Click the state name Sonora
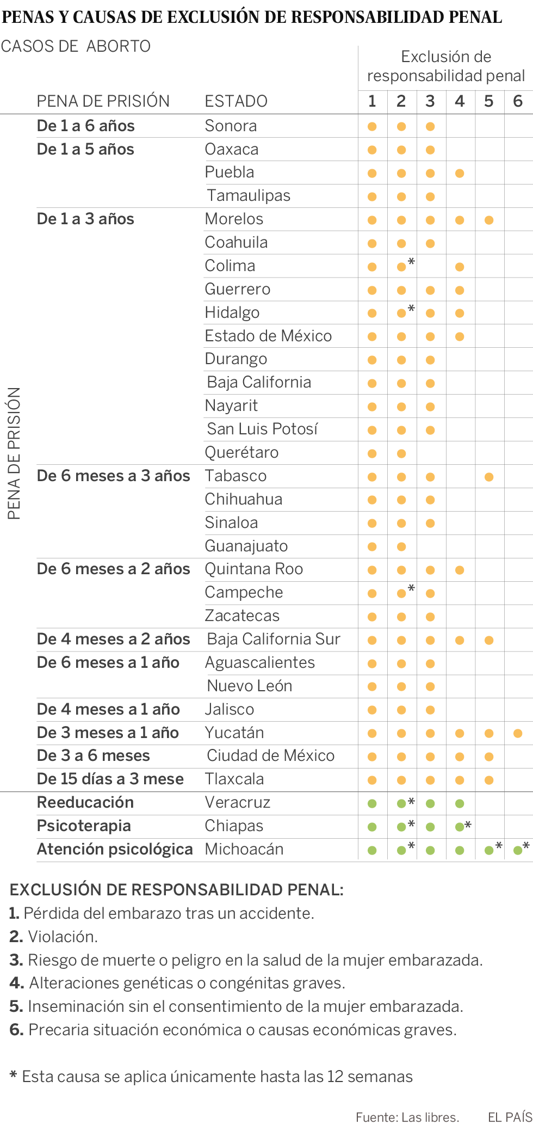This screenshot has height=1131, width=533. [x=231, y=126]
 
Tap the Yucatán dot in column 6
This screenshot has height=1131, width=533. [x=518, y=733]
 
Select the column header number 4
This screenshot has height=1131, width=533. [x=460, y=101]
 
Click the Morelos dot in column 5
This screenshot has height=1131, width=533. [x=489, y=220]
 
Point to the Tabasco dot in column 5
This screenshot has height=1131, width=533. [x=489, y=477]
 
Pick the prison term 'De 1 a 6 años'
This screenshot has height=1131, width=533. [x=85, y=126]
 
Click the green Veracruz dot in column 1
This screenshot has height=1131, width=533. [x=372, y=803]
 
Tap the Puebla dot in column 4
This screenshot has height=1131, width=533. [x=460, y=173]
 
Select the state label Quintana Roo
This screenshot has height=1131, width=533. [x=253, y=569]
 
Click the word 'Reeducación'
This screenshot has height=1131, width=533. [x=85, y=802]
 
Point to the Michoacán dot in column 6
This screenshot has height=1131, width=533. [x=518, y=850]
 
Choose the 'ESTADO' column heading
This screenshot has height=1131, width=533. [x=236, y=101]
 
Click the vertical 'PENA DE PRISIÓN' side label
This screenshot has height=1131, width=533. [x=14, y=453]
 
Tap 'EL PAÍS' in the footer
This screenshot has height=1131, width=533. [x=510, y=1117]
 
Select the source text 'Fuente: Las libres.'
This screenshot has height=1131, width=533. [x=407, y=1117]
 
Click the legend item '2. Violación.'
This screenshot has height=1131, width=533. [x=53, y=937]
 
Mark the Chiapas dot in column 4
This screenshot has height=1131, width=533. [x=460, y=827]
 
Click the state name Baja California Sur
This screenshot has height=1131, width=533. [x=274, y=639]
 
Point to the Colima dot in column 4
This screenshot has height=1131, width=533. [x=460, y=267]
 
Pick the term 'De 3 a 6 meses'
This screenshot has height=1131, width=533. [x=93, y=755]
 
